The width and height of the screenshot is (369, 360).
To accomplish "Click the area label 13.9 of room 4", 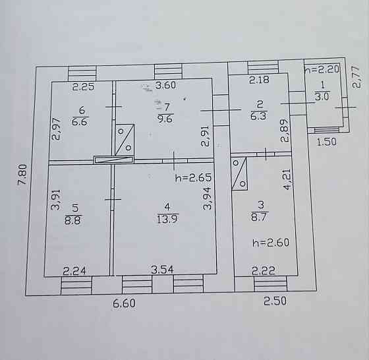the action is pos(168,219).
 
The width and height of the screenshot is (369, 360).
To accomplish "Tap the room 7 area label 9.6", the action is pos(165,119).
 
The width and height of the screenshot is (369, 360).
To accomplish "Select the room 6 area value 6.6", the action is pos(80,122).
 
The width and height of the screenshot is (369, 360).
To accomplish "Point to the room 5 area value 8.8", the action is pos(72,221).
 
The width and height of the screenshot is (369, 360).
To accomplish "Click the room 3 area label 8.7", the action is pos(259,216).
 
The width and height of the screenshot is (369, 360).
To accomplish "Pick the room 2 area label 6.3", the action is pos(258,116).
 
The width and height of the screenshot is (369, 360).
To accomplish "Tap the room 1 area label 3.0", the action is pos(322,96).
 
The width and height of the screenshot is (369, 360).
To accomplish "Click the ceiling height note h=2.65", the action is pos(194,178).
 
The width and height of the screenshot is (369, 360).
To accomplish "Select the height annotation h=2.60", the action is pos(271,243).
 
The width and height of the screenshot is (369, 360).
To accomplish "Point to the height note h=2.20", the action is pos(322,69).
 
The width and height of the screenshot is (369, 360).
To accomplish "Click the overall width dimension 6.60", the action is pos(125,303).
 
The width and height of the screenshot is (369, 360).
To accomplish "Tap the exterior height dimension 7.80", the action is pos(23,175).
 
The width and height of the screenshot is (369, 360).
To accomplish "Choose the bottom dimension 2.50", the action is pos(275,301).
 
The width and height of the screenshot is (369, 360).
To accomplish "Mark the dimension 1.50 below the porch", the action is pos(326,142).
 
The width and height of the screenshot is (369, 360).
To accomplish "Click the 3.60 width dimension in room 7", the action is pos(166,85).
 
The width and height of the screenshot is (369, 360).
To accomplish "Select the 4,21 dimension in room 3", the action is pos(287,179).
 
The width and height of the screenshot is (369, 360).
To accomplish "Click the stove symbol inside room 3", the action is pos(239,173).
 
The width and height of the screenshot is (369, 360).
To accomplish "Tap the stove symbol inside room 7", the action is pos(125,140).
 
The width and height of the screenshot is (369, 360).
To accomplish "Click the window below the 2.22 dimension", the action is pos(271,284).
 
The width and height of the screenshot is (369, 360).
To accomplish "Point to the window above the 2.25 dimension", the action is pos(82,73).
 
